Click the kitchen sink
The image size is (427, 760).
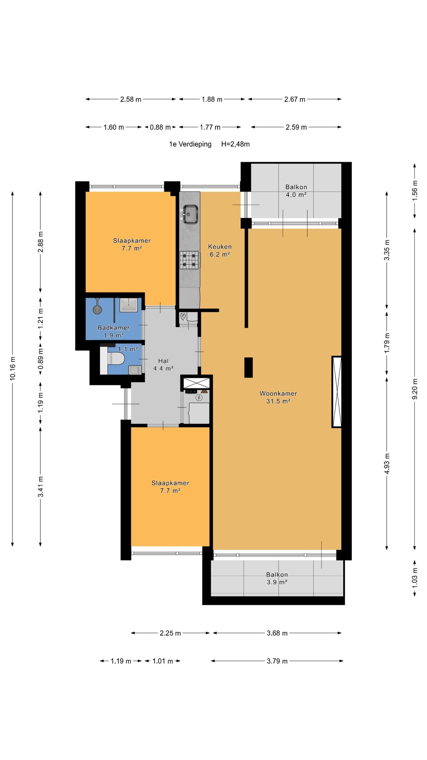point(190,214)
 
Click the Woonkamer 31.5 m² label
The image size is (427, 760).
point(278,397)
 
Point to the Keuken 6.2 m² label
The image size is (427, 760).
point(220,250)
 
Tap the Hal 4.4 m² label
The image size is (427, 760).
point(163,364)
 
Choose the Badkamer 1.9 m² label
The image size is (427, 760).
point(113,331)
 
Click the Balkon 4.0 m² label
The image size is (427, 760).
point(296,191)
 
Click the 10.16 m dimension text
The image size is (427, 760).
point(13,368)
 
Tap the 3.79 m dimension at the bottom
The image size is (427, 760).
point(277,661)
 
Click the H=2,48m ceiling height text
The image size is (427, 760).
point(235,144)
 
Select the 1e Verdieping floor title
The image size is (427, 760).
point(190,144)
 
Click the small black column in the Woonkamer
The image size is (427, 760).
point(248,367)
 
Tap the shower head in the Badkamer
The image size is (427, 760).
point(98,307)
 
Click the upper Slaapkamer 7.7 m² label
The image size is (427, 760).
point(132,245)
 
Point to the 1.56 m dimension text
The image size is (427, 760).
point(415,190)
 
